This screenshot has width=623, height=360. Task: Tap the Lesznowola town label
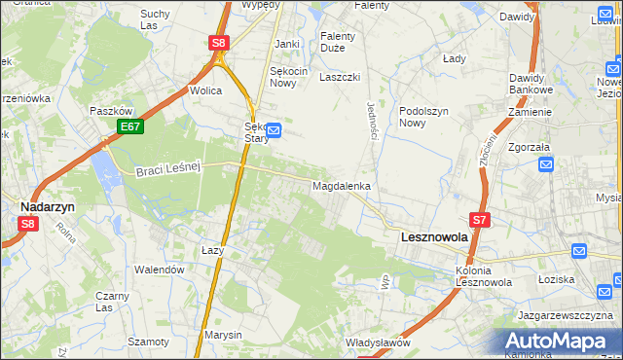click(x=434, y=236)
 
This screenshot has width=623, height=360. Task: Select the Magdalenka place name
click(x=341, y=185)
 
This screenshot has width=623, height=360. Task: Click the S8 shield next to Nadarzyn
click(x=27, y=224)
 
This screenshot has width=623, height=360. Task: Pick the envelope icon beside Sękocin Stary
click(x=275, y=129)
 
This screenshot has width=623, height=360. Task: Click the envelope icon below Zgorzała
click(x=546, y=163)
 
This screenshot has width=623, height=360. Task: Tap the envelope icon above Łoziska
click(x=579, y=251)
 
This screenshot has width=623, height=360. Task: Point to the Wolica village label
click(x=206, y=90)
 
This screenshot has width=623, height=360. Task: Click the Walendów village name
click(x=159, y=270)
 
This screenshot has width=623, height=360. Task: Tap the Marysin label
click(x=223, y=335)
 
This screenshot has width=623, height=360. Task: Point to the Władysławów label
click(x=378, y=342)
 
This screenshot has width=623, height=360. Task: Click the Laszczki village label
click(x=340, y=77)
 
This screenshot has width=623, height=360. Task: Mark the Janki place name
click(x=286, y=44)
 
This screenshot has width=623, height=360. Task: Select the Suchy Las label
click(x=154, y=19)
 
